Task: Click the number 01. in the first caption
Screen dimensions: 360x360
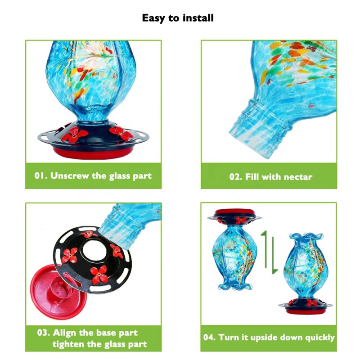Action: pyautogui.click(x=41, y=175)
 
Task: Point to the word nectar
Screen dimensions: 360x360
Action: pyautogui.click(x=297, y=177)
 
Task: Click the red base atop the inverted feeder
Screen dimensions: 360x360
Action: pyautogui.click(x=234, y=212)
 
